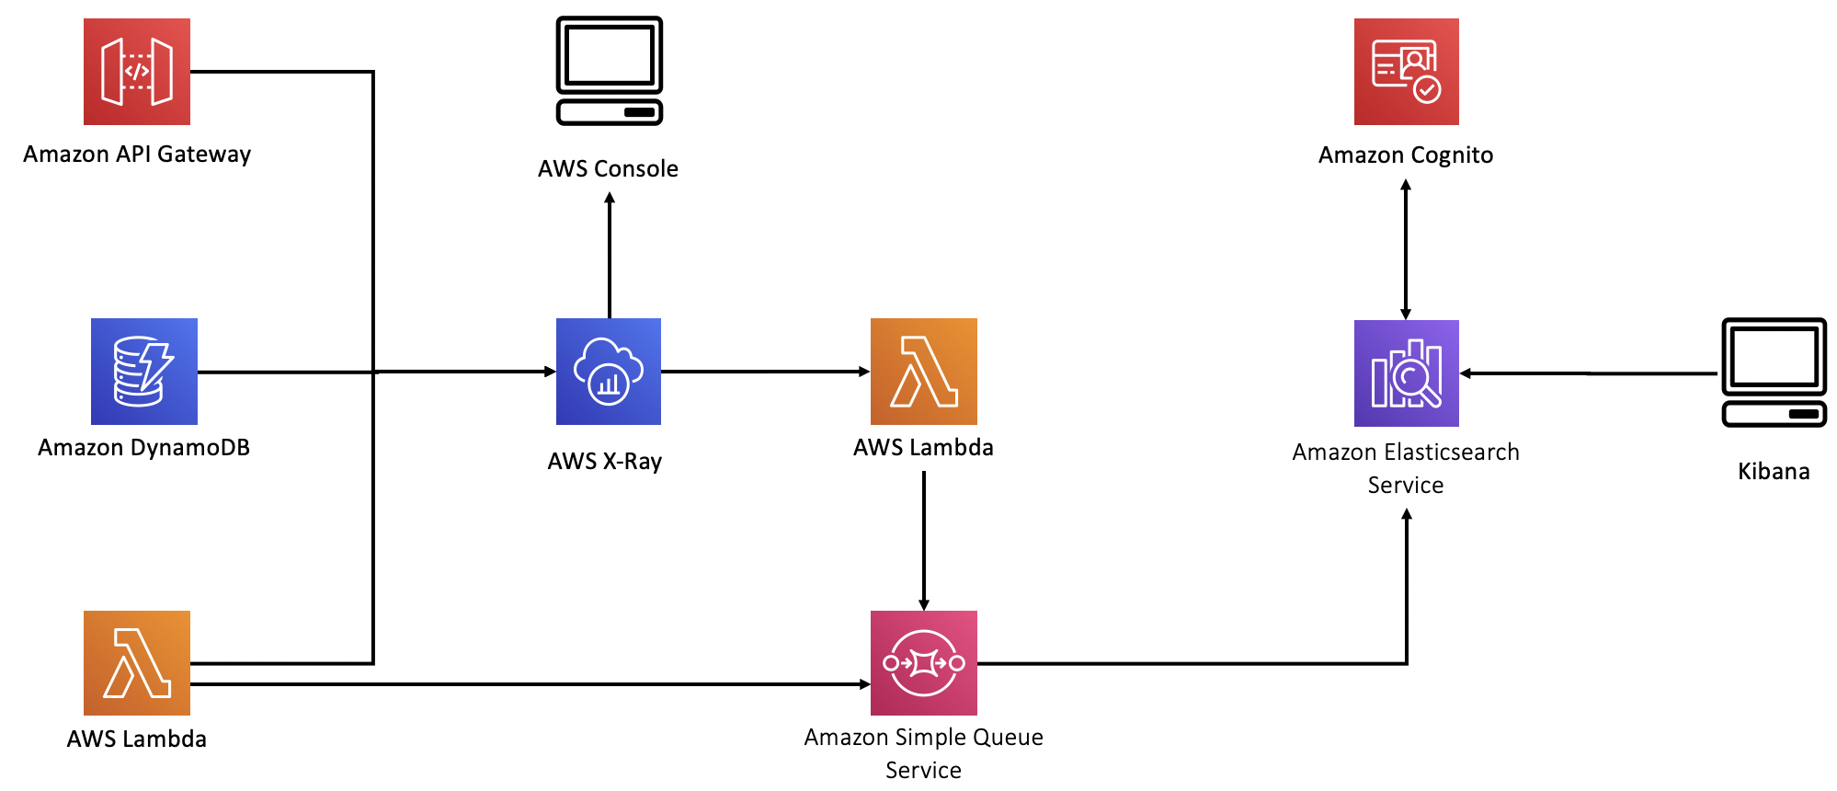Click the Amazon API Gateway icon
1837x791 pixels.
pyautogui.click(x=137, y=72)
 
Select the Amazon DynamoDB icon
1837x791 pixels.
pyautogui.click(x=144, y=372)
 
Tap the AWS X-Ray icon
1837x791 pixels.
pyautogui.click(x=609, y=372)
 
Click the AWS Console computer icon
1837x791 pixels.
pyautogui.click(x=610, y=71)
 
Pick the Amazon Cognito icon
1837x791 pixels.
pyautogui.click(x=1407, y=72)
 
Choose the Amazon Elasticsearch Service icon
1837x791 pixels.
pyautogui.click(x=1407, y=373)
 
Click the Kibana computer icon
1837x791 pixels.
pyautogui.click(x=1774, y=373)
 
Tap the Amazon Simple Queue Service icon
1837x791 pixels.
pyautogui.click(x=924, y=663)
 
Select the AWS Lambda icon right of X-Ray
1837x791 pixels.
pyautogui.click(x=924, y=372)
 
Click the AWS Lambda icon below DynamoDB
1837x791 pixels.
pyautogui.click(x=137, y=663)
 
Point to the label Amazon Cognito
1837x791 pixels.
pyautogui.click(x=1406, y=155)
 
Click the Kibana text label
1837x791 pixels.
pyautogui.click(x=1774, y=471)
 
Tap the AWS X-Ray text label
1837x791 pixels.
pyautogui.click(x=605, y=461)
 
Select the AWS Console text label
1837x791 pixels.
pyautogui.click(x=608, y=168)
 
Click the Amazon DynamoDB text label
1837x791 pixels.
pyautogui.click(x=144, y=447)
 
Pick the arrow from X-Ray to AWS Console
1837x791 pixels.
pyautogui.click(x=610, y=255)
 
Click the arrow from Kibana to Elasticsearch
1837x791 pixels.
pyautogui.click(x=1589, y=373)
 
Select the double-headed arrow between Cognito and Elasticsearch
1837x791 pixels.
pyautogui.click(x=1406, y=249)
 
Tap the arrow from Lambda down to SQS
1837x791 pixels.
pyautogui.click(x=924, y=541)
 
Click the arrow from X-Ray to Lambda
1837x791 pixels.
pyautogui.click(x=766, y=372)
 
